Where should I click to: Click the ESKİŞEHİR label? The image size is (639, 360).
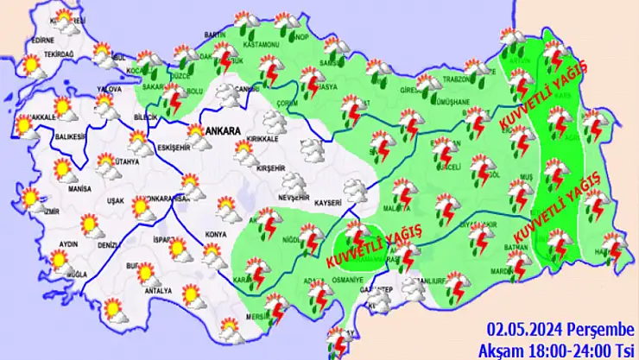point(175,147)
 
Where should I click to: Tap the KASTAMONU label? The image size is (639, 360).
point(260,43)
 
